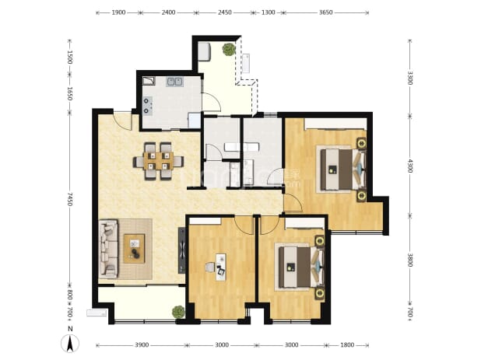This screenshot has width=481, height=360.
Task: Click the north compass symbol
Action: (x=70, y=343)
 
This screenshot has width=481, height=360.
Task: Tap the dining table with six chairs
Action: (x=158, y=161)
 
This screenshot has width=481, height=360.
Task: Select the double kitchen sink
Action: (x=175, y=82)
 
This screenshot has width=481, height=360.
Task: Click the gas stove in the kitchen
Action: (x=148, y=106)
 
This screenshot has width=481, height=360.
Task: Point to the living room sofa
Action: (x=108, y=249)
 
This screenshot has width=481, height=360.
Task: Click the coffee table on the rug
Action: (x=134, y=249)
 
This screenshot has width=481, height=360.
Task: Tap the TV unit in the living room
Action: (x=182, y=250)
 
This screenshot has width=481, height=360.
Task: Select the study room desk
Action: (x=221, y=267)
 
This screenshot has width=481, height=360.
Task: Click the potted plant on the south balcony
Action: (x=178, y=312)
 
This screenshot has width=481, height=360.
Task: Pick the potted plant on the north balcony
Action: (x=229, y=49)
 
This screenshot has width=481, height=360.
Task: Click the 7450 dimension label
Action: (x=70, y=199)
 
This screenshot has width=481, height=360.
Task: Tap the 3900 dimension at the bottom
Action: (x=142, y=345)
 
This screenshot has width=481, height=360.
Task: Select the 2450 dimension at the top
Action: (x=225, y=12)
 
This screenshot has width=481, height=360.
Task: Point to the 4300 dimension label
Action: (x=410, y=166)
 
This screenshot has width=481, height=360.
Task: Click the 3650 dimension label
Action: (x=326, y=12)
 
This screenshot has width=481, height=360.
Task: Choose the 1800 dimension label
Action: (x=347, y=345)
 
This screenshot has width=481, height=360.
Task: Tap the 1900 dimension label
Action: (x=118, y=12)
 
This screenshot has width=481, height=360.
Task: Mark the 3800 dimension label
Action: (x=410, y=260)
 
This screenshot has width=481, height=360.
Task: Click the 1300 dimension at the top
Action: (x=268, y=12)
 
